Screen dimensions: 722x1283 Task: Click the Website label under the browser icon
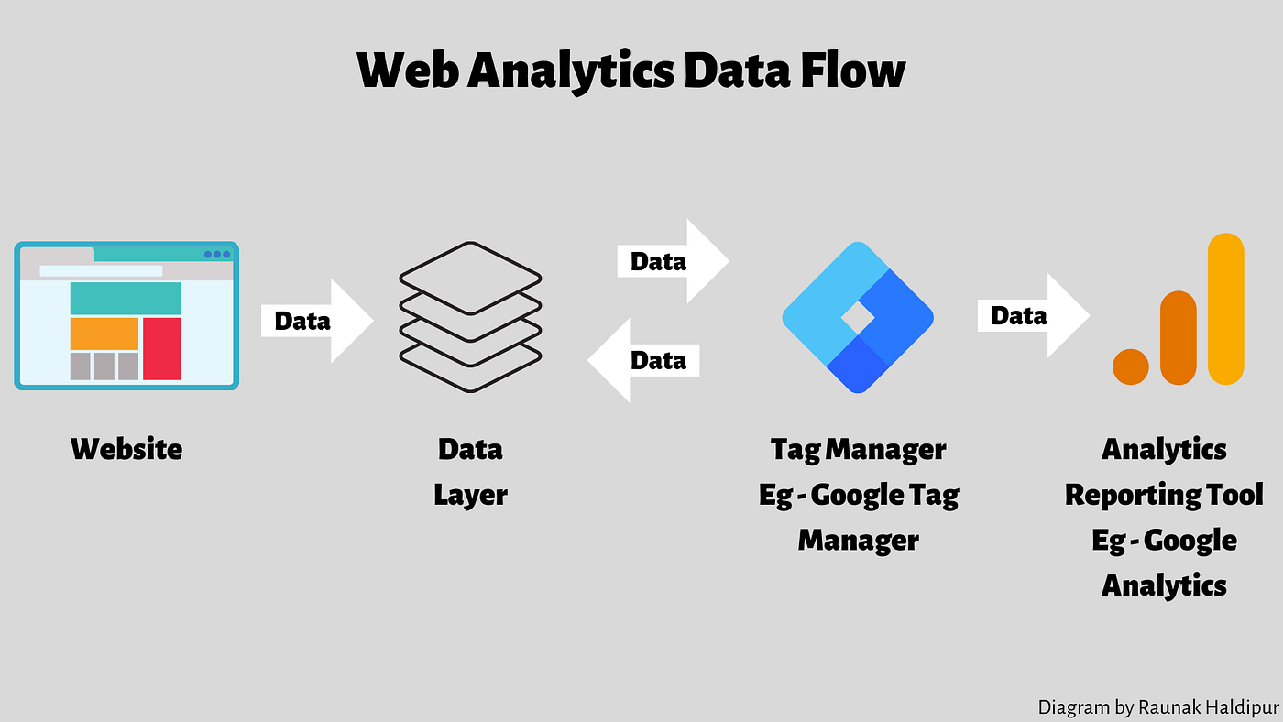(x=126, y=449)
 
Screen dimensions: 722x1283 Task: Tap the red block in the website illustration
(x=161, y=348)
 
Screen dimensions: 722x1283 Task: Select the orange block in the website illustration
(x=104, y=334)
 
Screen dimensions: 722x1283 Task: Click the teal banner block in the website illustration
(x=125, y=299)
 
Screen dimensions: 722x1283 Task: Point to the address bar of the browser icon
(x=101, y=271)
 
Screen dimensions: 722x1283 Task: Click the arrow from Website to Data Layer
(x=317, y=321)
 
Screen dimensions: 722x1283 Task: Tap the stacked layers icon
(x=470, y=317)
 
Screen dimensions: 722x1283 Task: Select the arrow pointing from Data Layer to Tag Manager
(x=673, y=261)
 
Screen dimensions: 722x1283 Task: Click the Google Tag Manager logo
(x=857, y=317)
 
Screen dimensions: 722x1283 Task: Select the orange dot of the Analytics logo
(x=1131, y=366)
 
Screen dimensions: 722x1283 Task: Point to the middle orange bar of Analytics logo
(x=1178, y=338)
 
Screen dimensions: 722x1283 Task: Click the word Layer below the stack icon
(x=470, y=495)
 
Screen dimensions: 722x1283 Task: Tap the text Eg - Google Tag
(x=859, y=495)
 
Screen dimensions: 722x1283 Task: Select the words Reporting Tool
(x=1164, y=495)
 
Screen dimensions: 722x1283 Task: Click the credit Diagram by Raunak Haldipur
(x=1158, y=707)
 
